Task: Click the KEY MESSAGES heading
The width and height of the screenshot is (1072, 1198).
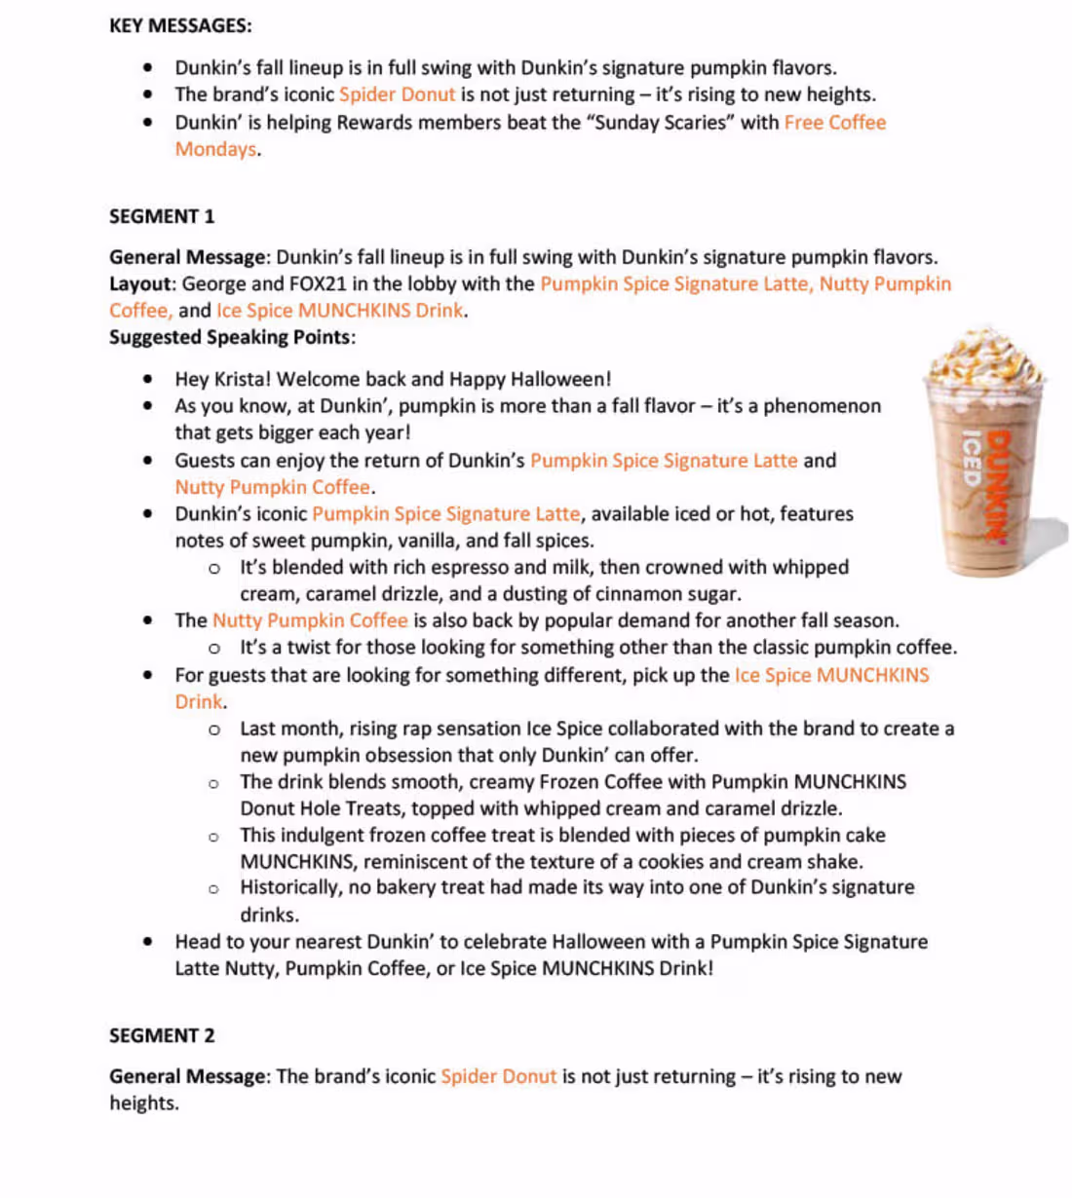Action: pyautogui.click(x=180, y=25)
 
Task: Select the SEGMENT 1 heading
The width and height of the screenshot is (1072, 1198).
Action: pyautogui.click(x=162, y=216)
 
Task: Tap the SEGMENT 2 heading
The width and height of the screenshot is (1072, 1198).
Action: pyautogui.click(x=162, y=1035)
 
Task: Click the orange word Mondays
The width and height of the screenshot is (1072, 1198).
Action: pyautogui.click(x=215, y=149)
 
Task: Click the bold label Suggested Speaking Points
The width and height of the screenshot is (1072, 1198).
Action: pyautogui.click(x=230, y=337)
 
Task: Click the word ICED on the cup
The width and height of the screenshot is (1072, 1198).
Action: pyautogui.click(x=972, y=458)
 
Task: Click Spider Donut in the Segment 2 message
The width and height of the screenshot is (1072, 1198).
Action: pyautogui.click(x=498, y=1076)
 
